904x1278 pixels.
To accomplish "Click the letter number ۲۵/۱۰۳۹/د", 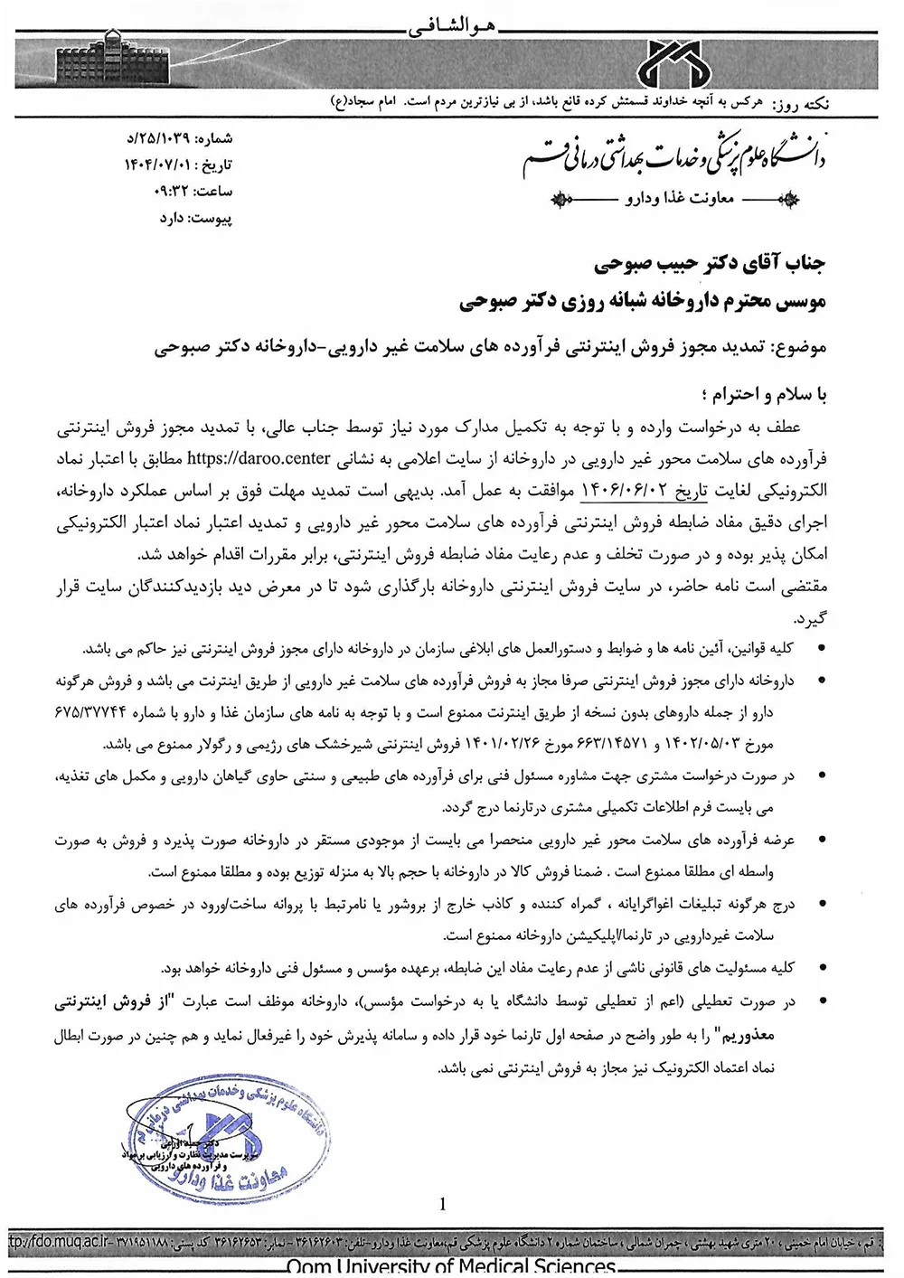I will (x=167, y=139).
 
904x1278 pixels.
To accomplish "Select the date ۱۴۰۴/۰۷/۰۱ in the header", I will (x=161, y=165).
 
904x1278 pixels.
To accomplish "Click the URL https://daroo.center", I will (x=259, y=458).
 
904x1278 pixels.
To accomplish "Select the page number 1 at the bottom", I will (x=442, y=1204).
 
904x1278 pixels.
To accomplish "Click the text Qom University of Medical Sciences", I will (x=451, y=1267).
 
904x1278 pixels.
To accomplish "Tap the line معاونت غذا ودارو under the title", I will (x=680, y=198).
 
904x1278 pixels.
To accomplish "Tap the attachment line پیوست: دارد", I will (x=195, y=218).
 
